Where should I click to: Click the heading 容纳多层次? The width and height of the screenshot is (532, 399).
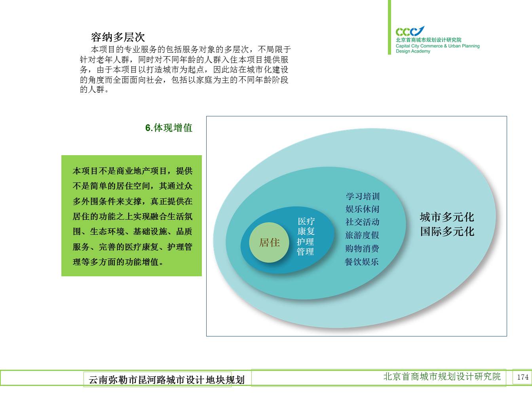118,37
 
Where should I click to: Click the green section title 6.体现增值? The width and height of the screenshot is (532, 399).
169,128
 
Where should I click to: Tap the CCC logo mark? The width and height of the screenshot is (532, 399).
410,31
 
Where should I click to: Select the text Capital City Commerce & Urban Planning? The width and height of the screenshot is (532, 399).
437,46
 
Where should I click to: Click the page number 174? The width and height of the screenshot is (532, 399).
523,377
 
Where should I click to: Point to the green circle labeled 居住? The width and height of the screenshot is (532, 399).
269,243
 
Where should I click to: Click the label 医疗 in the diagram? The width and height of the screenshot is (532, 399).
306,221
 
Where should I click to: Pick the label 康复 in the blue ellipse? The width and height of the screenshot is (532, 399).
306,231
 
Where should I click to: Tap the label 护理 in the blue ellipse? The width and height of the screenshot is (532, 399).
305,241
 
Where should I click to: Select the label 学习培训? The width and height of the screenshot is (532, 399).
363,196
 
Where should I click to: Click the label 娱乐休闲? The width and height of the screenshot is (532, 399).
362,209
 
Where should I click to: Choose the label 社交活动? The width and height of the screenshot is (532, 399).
362,222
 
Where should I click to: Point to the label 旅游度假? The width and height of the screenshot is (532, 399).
362,235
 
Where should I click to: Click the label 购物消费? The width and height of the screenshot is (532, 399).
362,248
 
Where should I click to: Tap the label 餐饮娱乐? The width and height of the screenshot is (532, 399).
362,262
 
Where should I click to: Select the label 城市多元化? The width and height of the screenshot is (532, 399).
447,217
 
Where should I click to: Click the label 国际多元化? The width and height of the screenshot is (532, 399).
447,231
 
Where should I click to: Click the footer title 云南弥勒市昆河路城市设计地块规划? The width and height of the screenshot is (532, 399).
167,380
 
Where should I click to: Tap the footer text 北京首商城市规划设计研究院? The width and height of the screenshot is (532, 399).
442,376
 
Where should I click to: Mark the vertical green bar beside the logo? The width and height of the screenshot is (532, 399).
389,27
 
